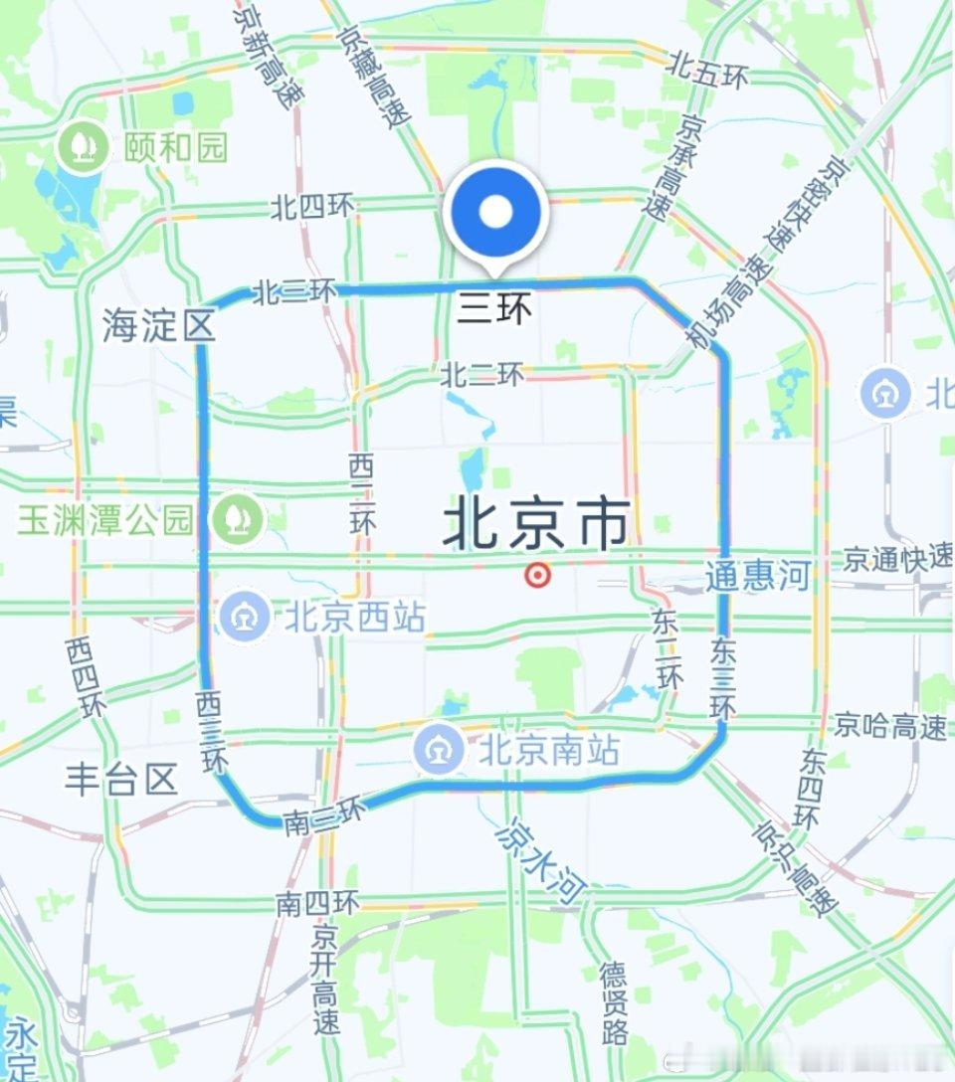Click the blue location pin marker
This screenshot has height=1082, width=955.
[x=495, y=213]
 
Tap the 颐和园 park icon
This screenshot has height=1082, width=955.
[x=83, y=147]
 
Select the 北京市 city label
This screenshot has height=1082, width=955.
[x=536, y=524]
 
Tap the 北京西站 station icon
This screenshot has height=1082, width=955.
[x=244, y=617]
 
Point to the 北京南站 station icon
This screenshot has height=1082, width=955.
[x=439, y=750]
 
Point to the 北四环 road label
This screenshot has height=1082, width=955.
[x=312, y=207]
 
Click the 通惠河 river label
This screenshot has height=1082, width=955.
[x=758, y=576]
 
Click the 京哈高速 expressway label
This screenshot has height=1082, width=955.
[x=890, y=726]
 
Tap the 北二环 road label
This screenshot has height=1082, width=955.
[x=482, y=375]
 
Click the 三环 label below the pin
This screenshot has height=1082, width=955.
[x=494, y=309]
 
